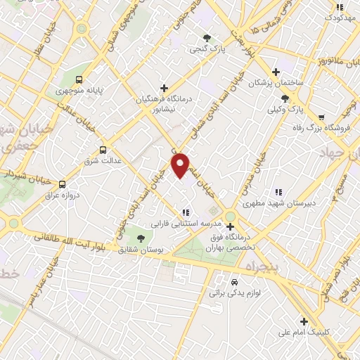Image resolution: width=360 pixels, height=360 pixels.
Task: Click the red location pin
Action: pyautogui.click(x=181, y=165)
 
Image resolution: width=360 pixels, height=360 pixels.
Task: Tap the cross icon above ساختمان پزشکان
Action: pyautogui.click(x=276, y=72)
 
